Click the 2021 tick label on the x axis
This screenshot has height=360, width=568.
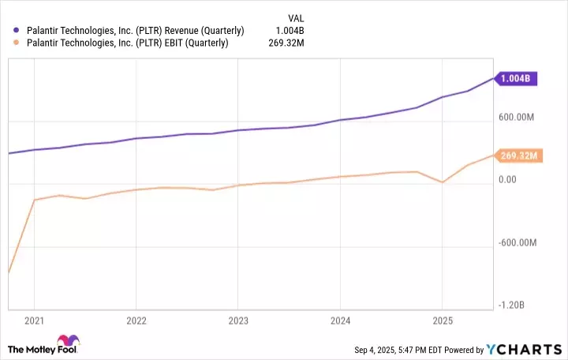click(x=34, y=321)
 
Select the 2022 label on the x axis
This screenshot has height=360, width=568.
click(x=136, y=321)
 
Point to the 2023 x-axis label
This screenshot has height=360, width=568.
click(x=237, y=321)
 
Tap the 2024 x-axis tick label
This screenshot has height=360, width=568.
click(x=339, y=321)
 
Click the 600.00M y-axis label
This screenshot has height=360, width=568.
click(x=518, y=118)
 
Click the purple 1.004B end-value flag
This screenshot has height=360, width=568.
click(x=518, y=78)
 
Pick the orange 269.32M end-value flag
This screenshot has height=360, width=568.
click(x=518, y=156)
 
